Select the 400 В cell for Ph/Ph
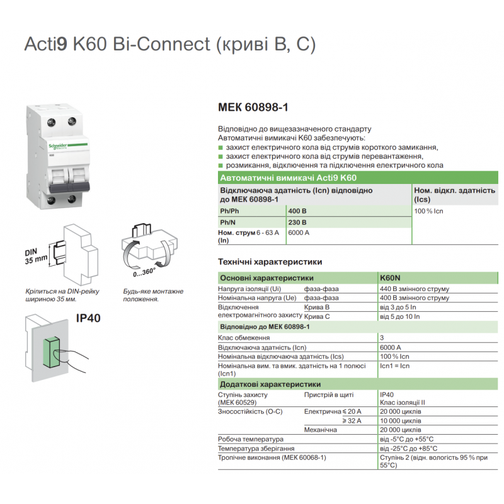tap(297, 210)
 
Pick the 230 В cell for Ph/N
tap(297, 222)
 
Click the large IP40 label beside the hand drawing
tap(88, 318)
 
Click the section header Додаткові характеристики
tap(270, 384)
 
